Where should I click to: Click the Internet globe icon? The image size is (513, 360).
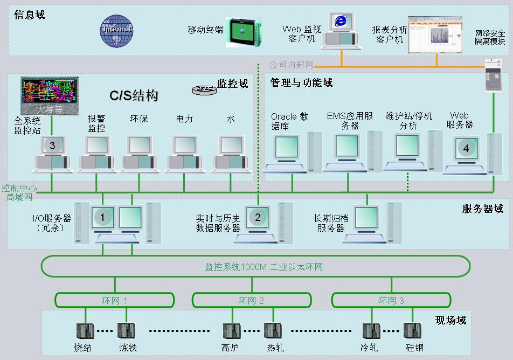(116, 30)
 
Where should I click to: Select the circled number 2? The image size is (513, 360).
(258, 217)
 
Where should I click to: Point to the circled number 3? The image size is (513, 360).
(52, 145)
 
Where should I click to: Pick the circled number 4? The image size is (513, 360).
(466, 148)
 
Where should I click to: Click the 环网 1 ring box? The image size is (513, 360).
(114, 300)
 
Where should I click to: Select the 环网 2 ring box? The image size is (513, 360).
(251, 300)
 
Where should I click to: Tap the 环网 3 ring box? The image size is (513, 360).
(391, 300)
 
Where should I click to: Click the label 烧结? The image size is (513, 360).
(82, 347)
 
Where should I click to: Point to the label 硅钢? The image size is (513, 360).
(414, 347)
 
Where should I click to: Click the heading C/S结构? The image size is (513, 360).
(134, 96)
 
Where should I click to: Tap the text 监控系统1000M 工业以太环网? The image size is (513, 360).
(264, 267)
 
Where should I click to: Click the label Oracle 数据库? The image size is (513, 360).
(289, 121)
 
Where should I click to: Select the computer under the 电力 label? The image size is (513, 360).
(184, 151)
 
